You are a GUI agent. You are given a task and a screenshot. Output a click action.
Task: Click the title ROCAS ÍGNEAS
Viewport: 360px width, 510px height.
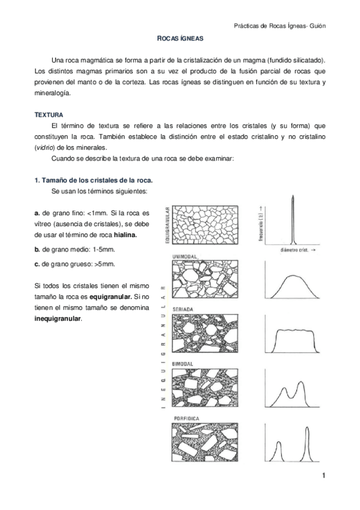[x=180, y=38]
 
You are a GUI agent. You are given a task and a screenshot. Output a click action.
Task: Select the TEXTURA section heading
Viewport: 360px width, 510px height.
[x=49, y=114]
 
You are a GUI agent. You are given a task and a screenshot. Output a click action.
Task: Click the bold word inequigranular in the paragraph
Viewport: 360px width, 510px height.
[x=56, y=319]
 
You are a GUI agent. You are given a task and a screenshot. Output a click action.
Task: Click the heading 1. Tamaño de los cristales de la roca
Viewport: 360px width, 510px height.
[x=93, y=180]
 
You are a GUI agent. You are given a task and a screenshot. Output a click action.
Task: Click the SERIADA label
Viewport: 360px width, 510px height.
[x=183, y=309]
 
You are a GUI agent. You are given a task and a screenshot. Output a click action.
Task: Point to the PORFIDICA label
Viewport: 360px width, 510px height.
[x=186, y=417]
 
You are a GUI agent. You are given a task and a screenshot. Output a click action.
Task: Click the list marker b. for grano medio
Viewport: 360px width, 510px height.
[x=37, y=249]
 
